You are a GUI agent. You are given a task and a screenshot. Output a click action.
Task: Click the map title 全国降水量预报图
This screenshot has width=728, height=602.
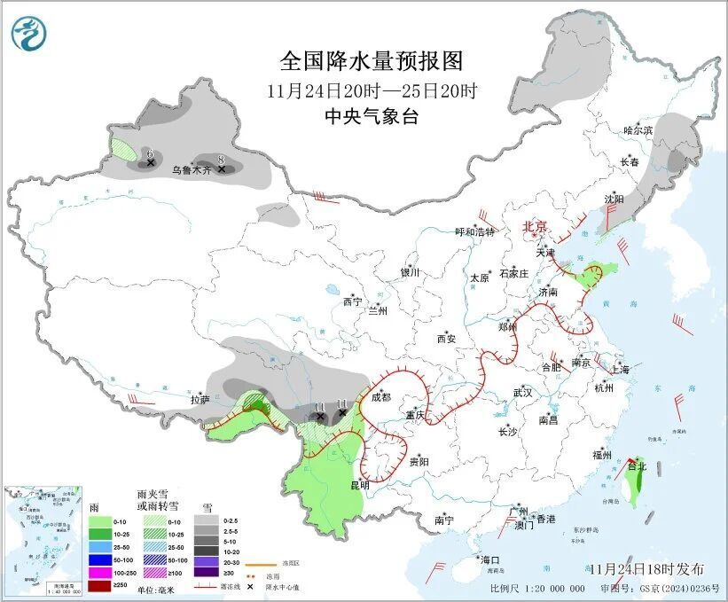[372, 61]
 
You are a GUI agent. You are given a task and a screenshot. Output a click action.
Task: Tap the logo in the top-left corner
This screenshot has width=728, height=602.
[28, 33]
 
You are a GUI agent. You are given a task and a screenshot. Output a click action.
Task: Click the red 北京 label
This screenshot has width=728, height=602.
[536, 226]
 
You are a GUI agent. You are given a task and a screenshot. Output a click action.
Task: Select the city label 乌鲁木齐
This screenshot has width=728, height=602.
[192, 169]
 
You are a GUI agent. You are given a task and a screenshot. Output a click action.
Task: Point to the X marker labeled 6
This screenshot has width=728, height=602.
[152, 163]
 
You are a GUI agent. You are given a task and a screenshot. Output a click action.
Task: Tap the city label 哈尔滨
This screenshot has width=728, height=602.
[637, 130]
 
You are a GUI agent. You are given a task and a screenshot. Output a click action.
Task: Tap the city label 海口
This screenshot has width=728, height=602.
[490, 560]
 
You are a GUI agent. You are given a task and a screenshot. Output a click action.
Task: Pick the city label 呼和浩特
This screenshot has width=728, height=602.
[476, 232]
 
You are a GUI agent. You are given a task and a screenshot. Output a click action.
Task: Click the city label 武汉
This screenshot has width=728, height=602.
[522, 392]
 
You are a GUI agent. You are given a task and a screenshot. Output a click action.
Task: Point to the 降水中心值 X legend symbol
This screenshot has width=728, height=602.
[251, 586]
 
